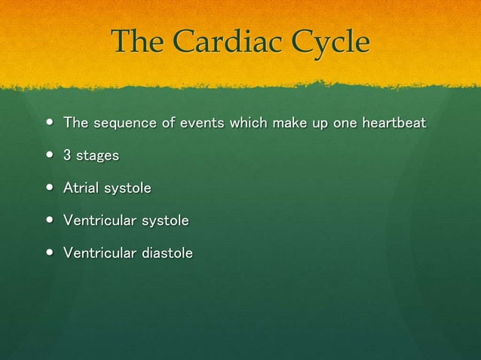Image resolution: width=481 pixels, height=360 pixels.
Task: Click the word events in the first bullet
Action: [x=198, y=123]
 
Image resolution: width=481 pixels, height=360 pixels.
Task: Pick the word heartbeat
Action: [x=394, y=123]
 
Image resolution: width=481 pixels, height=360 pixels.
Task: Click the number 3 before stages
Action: [x=68, y=156]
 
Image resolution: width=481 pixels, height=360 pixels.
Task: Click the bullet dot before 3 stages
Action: [x=49, y=156]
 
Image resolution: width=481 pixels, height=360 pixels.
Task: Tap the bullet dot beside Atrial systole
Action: [x=49, y=188]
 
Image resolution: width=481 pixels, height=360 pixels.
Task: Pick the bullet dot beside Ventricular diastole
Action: [x=49, y=253]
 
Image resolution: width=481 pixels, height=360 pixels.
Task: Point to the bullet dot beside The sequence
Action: [x=49, y=123]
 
